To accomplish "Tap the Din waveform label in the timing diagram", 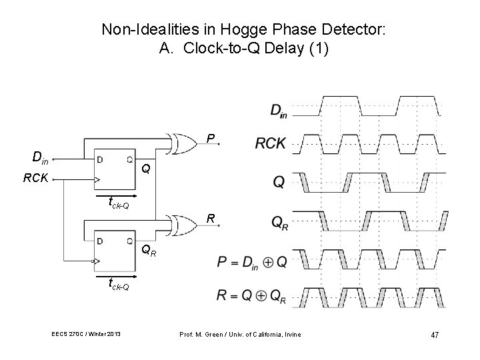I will [x=278, y=110].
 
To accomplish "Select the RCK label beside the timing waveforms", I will [x=271, y=143].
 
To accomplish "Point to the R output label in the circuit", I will [x=210, y=217].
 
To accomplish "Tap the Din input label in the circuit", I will [x=40, y=158].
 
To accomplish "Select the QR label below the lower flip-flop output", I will [x=149, y=251].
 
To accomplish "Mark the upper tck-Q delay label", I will [x=119, y=204].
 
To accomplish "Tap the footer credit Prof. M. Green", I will [x=204, y=334].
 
